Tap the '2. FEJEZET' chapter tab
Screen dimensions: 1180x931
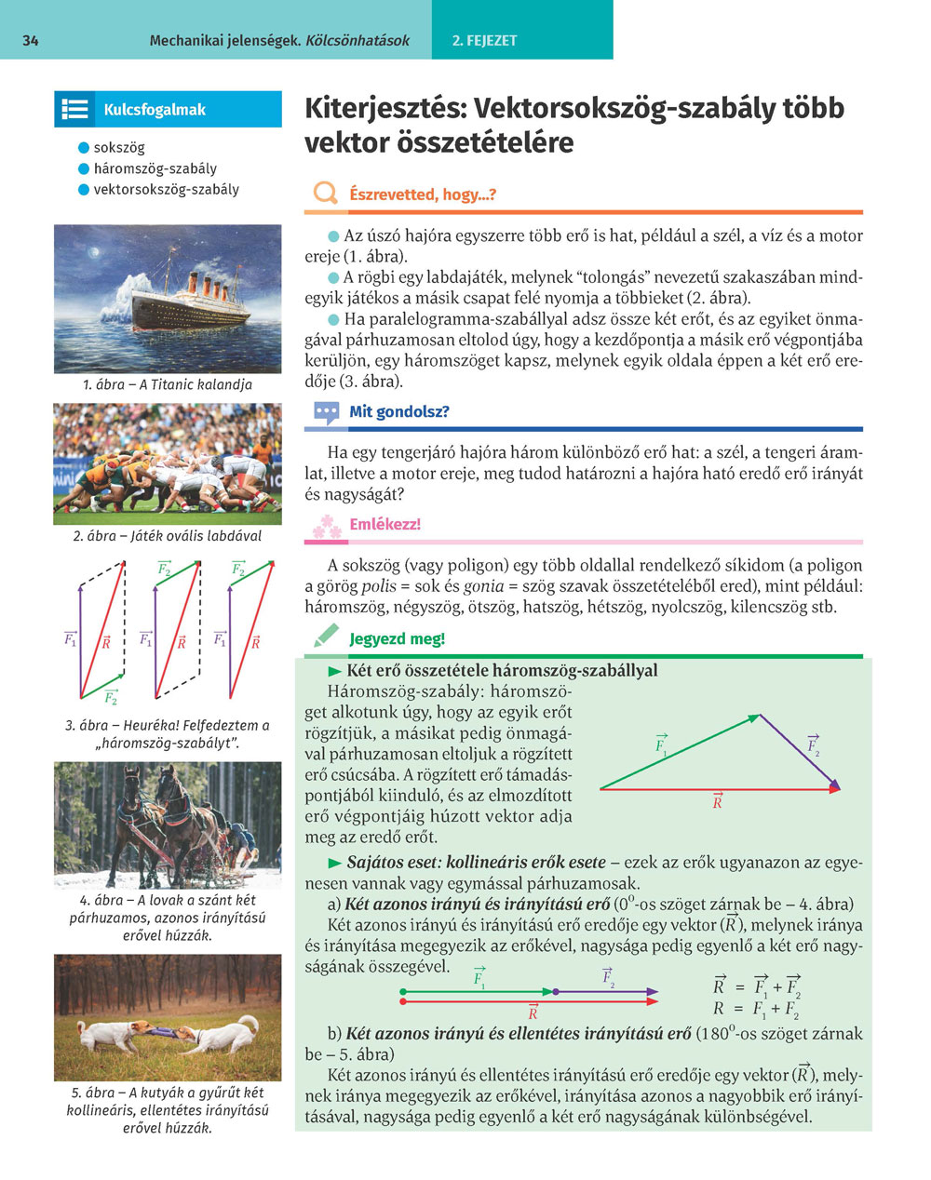(484, 40)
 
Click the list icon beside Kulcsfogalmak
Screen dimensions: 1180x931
(75, 110)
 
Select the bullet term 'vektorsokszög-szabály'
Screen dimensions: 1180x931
(166, 189)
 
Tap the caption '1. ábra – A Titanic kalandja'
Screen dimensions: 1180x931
(168, 383)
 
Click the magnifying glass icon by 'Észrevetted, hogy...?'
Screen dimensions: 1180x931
(325, 194)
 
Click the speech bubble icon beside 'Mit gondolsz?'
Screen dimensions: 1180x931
(326, 412)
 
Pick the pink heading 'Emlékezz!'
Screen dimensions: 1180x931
(385, 525)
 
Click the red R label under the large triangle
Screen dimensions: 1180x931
(717, 801)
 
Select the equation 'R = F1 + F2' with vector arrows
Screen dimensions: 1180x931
(756, 986)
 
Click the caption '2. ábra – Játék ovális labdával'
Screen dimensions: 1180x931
(168, 535)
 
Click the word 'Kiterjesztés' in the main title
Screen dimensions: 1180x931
(385, 109)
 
